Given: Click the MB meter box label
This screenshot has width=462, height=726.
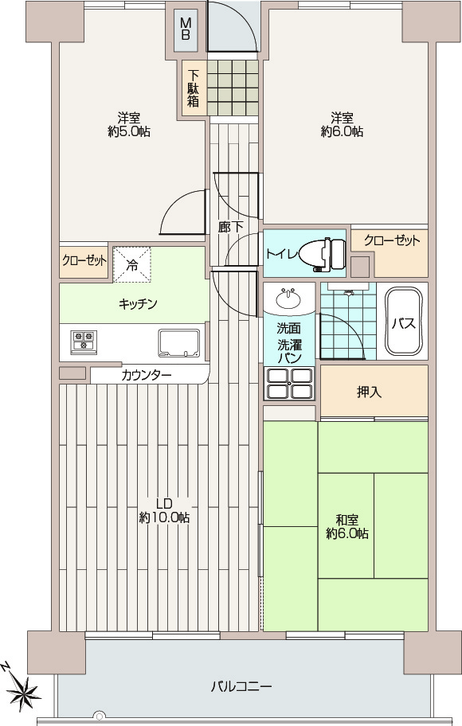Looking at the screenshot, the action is coord(186,29).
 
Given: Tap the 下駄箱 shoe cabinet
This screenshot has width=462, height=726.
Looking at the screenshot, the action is coord(194,88).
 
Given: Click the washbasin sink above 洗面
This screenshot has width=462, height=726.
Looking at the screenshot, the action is coord(289,298).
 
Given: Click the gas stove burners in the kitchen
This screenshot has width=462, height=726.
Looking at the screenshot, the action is coord(84,342).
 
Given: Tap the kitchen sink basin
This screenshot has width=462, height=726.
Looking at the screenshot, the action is coord(179,343).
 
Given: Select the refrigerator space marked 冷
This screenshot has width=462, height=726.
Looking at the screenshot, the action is coord(132,264).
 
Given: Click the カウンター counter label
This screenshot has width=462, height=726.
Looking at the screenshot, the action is coord(147,375).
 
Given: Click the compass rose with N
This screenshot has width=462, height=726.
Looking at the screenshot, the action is coord(22,688).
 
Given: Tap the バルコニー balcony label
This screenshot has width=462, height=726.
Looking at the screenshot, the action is coord(241,686).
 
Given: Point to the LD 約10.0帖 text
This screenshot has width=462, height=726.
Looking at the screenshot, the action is coord(165,510).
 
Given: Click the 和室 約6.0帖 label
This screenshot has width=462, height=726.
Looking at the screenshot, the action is coord(347,526).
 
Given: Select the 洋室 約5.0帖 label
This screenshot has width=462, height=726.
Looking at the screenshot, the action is coord(129,124).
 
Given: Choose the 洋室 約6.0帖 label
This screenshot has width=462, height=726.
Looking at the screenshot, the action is coord(342,124).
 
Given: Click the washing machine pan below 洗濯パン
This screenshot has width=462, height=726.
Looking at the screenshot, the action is coord(289,384).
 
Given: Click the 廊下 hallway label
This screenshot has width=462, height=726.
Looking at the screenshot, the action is coord(231,227).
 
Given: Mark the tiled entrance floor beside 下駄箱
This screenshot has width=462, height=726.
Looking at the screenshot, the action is coord(232,88).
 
